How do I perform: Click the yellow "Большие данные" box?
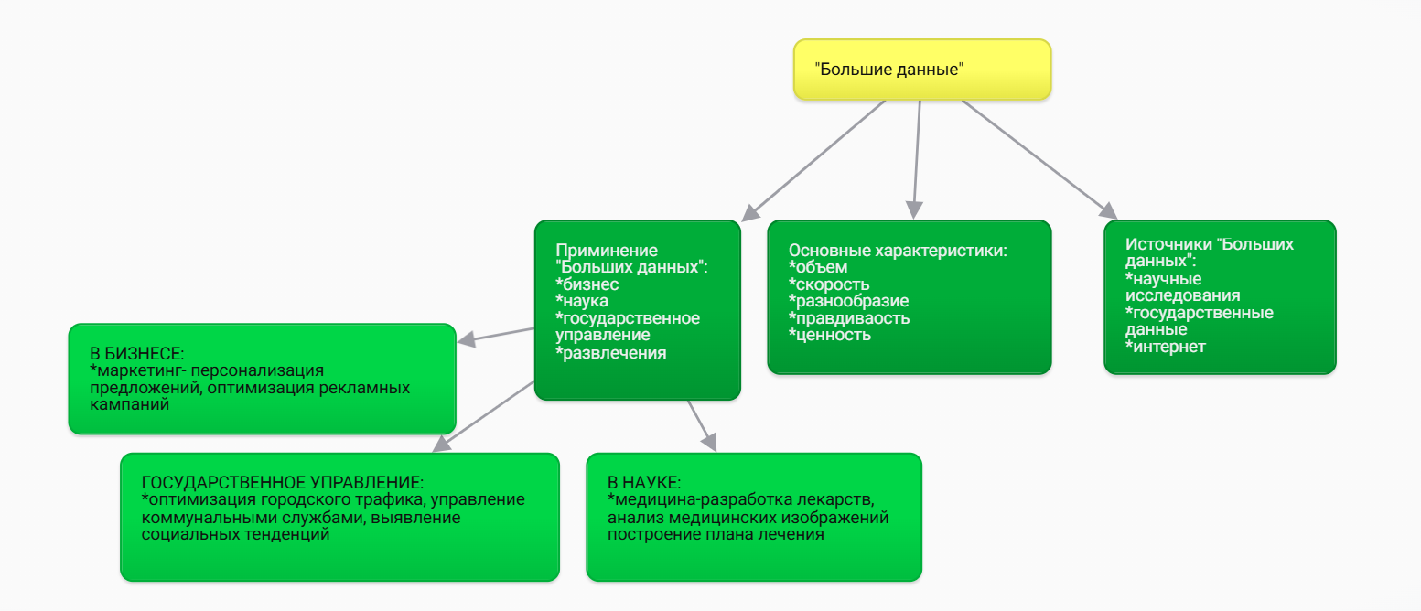[921, 70]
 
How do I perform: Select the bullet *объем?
[818, 267]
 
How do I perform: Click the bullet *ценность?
[829, 335]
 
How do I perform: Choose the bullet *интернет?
[1166, 347]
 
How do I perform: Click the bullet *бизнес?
[587, 284]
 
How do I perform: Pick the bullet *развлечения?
[610, 352]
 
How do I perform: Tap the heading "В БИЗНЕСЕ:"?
[136, 353]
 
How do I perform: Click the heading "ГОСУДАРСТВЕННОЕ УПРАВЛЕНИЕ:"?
[283, 482]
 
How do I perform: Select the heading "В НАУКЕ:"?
[644, 482]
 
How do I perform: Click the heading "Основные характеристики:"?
[898, 250]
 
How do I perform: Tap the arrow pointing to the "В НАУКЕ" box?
[701, 425]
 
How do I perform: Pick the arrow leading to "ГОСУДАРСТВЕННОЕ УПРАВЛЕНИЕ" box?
[484, 415]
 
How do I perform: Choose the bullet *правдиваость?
[849, 318]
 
